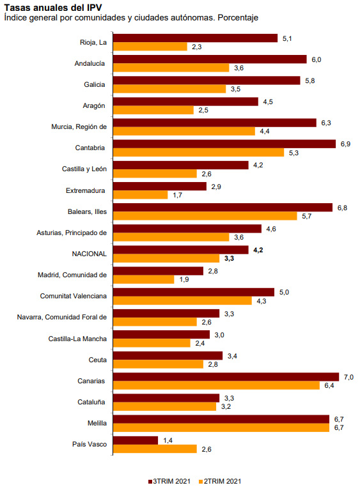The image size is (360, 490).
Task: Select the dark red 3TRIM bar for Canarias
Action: (x=226, y=377)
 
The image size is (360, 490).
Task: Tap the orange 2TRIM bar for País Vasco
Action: (x=155, y=449)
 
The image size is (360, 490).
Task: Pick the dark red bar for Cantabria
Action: (x=224, y=144)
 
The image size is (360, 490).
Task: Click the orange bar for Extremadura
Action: (x=141, y=194)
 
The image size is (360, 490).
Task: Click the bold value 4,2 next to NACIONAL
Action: (x=258, y=250)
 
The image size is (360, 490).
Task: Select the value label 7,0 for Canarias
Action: (x=348, y=377)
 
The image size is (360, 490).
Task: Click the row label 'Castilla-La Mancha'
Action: (x=77, y=338)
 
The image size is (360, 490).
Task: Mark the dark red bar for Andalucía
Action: (x=210, y=59)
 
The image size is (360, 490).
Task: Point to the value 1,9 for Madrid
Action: (x=184, y=279)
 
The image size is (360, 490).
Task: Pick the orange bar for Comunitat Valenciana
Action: (x=182, y=301)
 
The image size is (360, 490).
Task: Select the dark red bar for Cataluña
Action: (x=166, y=398)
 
